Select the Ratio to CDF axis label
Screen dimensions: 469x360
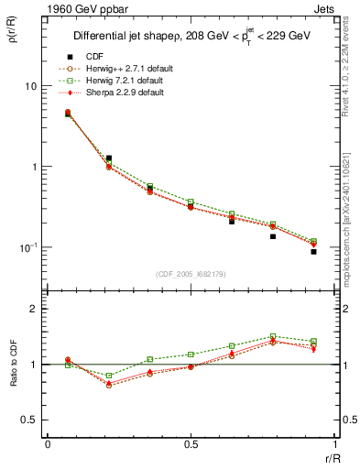tap(13, 365)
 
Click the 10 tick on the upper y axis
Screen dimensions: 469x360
tap(30, 86)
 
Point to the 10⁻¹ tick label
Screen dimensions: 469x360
tap(27, 247)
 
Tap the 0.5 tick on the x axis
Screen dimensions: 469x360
tap(191, 444)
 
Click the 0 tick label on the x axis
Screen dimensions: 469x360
tap(48, 444)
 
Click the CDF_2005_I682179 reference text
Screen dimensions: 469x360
tap(190, 274)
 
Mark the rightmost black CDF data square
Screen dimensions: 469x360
tap(313, 251)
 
